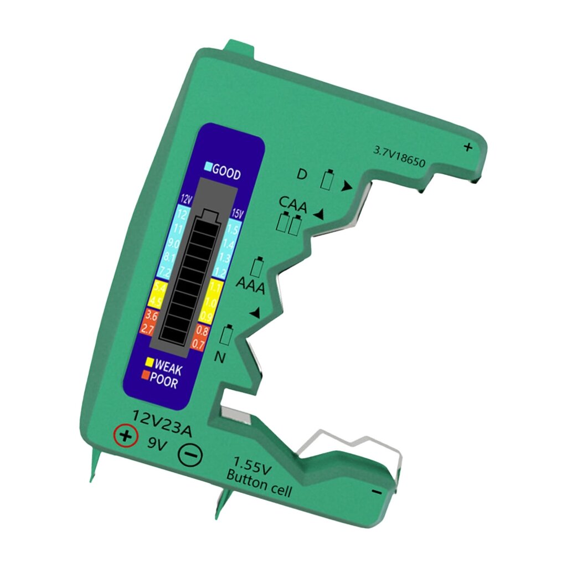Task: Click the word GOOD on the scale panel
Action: (226, 173)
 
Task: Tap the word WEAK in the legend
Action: (168, 367)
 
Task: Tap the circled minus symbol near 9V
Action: (190, 456)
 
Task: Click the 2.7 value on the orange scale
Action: (148, 329)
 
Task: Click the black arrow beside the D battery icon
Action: (347, 187)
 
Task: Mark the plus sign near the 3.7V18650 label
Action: (468, 147)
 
